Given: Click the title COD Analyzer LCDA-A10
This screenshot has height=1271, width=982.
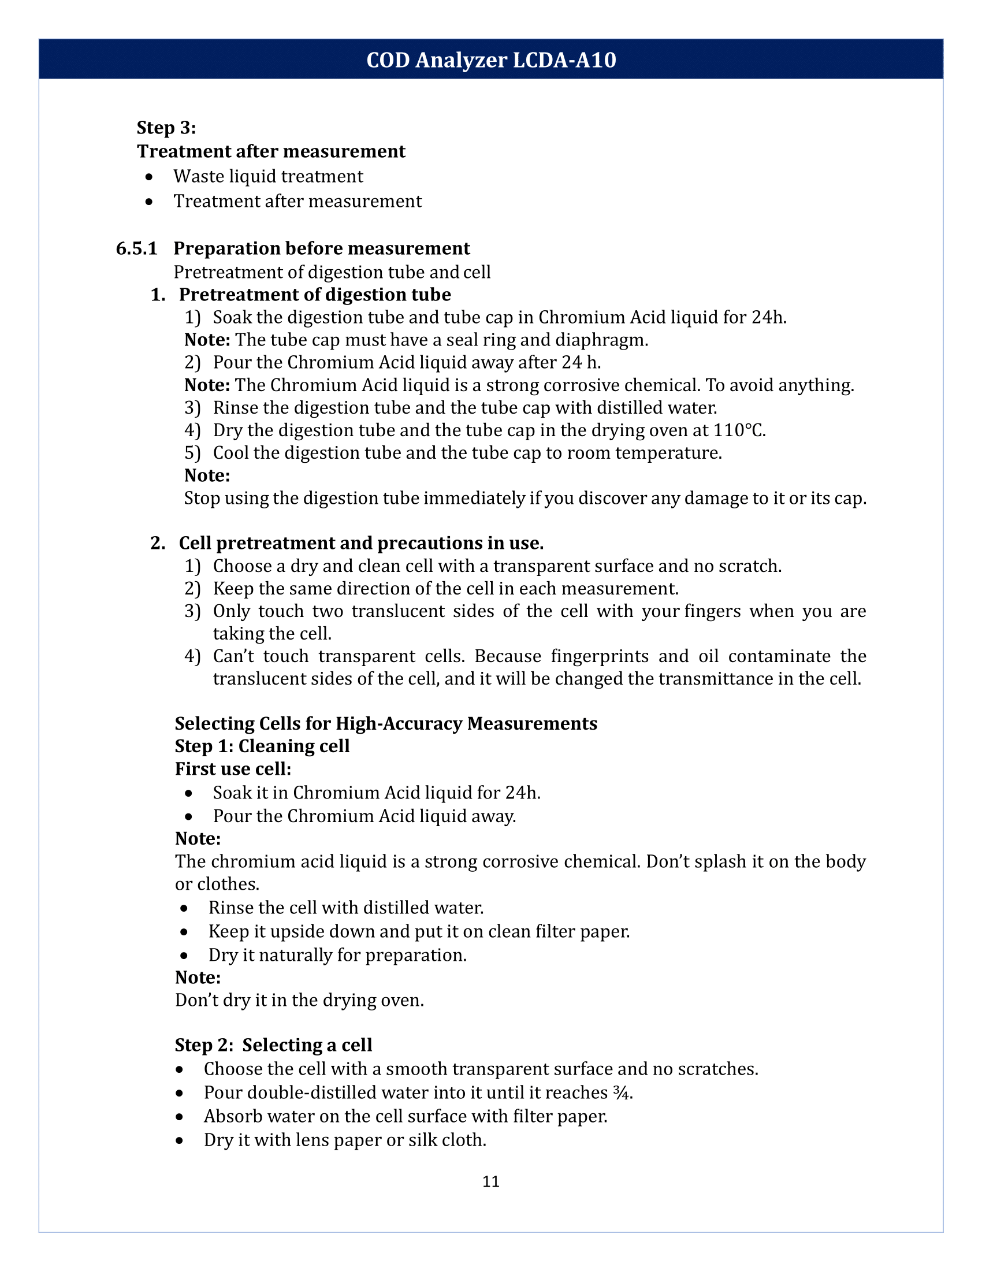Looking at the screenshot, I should pyautogui.click(x=490, y=60).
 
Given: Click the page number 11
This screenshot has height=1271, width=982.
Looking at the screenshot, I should pyautogui.click(x=490, y=1181).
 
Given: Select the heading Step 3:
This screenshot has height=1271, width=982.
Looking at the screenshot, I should pyautogui.click(x=166, y=128).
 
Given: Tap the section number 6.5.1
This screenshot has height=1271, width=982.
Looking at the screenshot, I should pyautogui.click(x=137, y=248).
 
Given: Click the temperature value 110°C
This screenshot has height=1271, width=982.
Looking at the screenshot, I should pyautogui.click(x=739, y=430).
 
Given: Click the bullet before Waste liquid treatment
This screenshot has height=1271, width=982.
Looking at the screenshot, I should pyautogui.click(x=150, y=177).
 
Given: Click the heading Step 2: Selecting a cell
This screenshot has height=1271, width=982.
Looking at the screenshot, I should pyautogui.click(x=273, y=1045).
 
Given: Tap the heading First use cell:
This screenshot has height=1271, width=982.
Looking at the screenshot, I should pyautogui.click(x=233, y=770).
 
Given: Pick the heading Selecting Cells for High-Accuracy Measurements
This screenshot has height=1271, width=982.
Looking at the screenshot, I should pyautogui.click(x=386, y=723).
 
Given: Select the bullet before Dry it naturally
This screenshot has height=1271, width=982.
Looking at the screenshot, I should pyautogui.click(x=184, y=956).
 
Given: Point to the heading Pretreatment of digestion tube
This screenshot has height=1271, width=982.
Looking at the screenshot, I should pyautogui.click(x=314, y=295).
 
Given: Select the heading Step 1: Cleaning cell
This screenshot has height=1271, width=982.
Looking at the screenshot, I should pyautogui.click(x=262, y=746).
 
